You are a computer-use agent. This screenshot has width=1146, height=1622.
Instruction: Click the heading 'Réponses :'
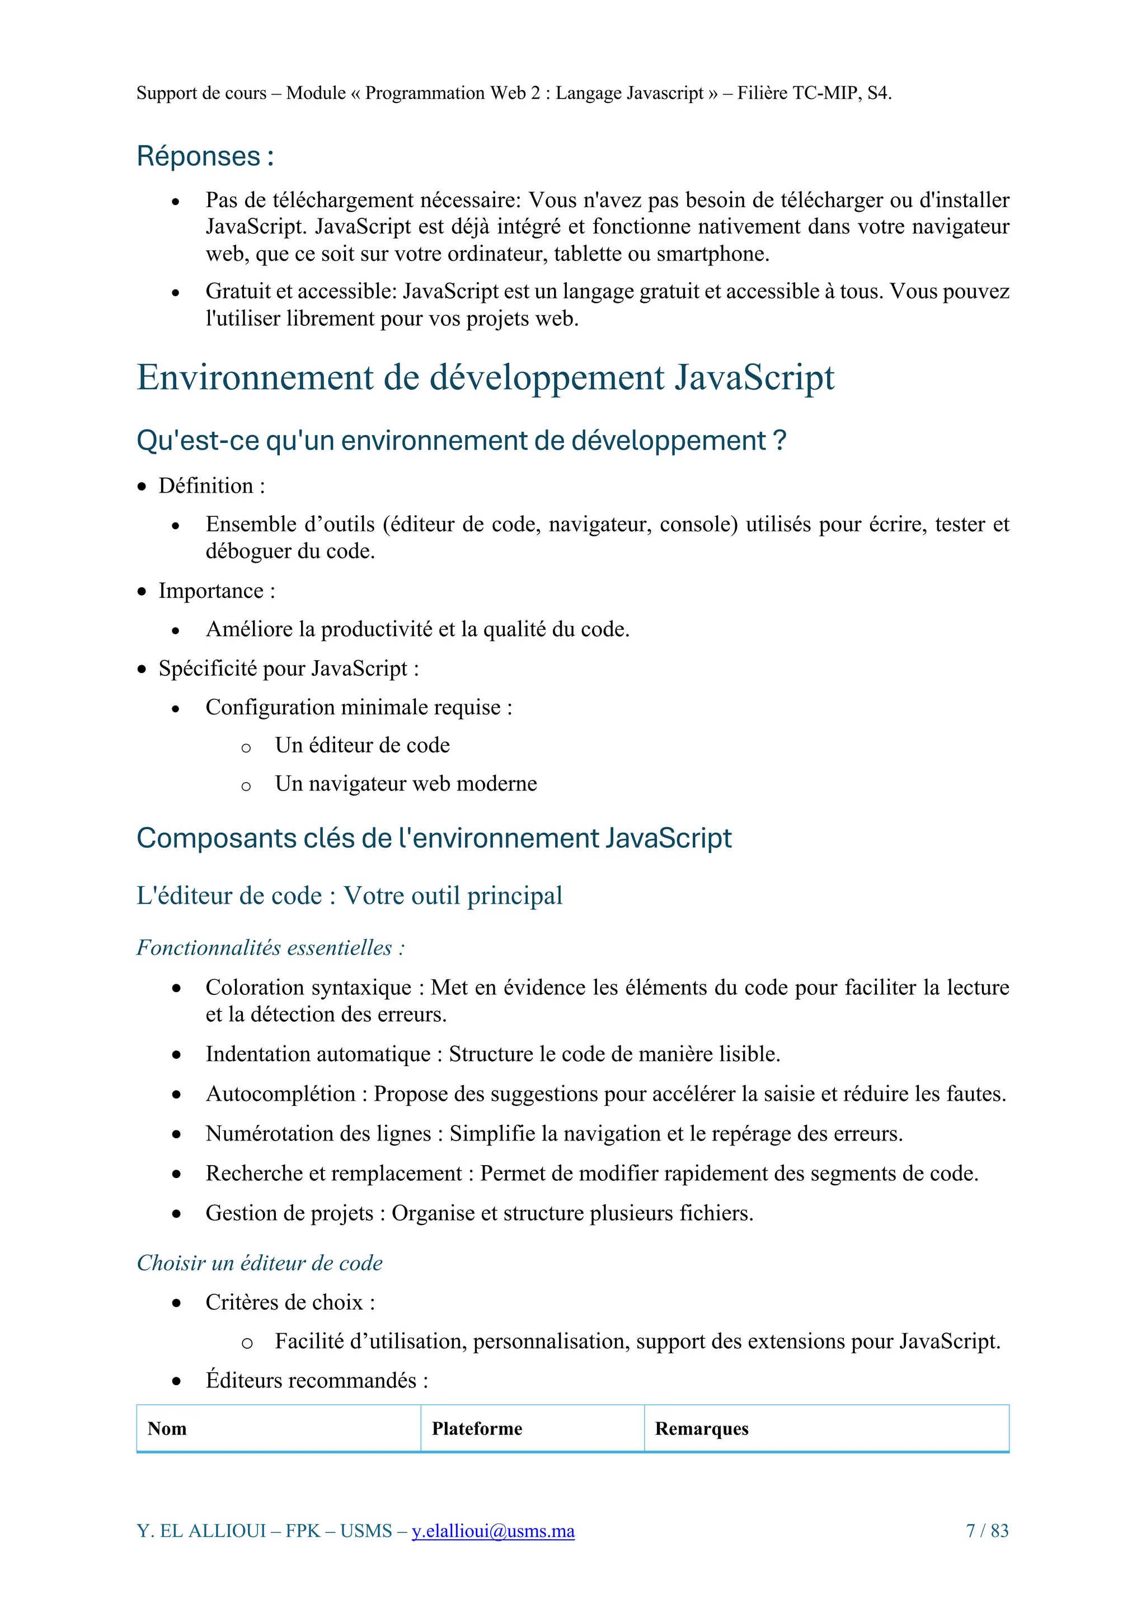pyautogui.click(x=205, y=156)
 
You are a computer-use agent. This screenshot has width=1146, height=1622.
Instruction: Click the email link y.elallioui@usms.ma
pyautogui.click(x=493, y=1531)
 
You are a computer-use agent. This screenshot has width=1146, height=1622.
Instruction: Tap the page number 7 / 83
pyautogui.click(x=987, y=1531)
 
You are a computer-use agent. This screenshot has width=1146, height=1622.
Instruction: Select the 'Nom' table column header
pyautogui.click(x=167, y=1428)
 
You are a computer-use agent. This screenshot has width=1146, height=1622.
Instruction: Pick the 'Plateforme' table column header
pyautogui.click(x=477, y=1428)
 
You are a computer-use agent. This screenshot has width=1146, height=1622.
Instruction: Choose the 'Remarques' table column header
pyautogui.click(x=701, y=1428)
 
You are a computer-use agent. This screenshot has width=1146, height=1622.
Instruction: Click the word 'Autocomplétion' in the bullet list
pyautogui.click(x=280, y=1094)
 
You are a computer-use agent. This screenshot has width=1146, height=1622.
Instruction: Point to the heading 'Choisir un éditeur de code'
pyautogui.click(x=259, y=1263)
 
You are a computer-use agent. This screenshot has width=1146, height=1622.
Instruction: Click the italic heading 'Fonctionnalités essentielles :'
pyautogui.click(x=270, y=948)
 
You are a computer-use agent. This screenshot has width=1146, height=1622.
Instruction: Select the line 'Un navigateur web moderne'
pyautogui.click(x=406, y=783)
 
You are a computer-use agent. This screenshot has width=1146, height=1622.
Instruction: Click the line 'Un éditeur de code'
pyautogui.click(x=362, y=745)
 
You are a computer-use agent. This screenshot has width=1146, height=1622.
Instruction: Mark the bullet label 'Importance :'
pyautogui.click(x=217, y=591)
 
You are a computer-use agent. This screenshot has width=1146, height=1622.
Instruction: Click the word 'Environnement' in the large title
pyautogui.click(x=254, y=377)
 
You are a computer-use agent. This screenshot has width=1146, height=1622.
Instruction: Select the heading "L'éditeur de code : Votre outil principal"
pyautogui.click(x=349, y=896)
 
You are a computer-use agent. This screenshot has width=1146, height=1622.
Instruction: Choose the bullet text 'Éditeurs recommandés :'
pyautogui.click(x=316, y=1380)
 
